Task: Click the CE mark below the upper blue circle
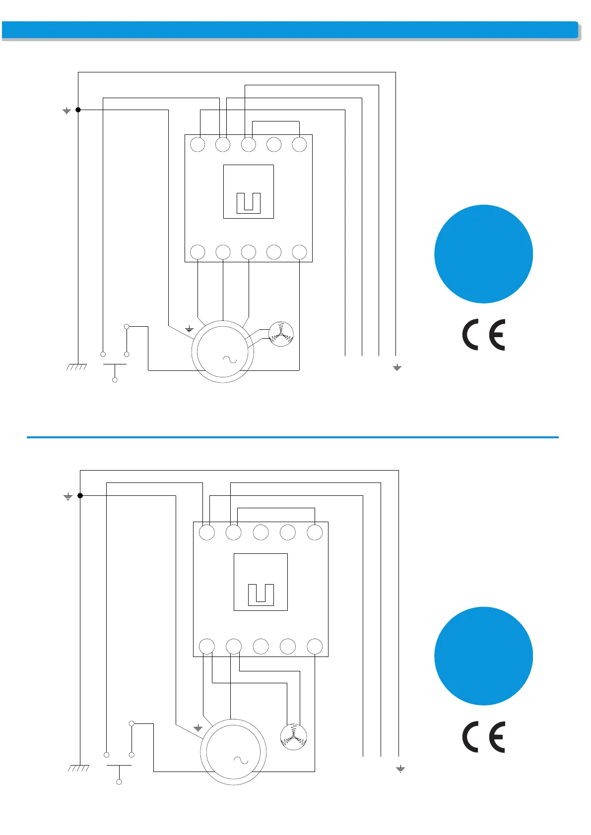pos(483,335)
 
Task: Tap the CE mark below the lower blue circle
pos(483,737)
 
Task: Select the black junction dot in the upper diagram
pos(78,110)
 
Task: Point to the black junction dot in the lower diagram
pos(80,495)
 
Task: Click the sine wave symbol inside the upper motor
pos(229,359)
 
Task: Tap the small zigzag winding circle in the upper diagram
pos(281,334)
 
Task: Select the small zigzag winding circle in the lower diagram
pos(293,737)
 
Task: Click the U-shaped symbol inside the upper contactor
pos(249,203)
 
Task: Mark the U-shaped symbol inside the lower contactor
pos(261,594)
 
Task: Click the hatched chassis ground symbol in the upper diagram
pos(77,367)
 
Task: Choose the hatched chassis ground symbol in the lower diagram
pos(79,768)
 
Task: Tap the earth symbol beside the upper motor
pos(189,329)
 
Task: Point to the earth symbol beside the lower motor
pos(198,728)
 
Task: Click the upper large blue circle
pos(483,254)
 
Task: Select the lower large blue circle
pos(483,656)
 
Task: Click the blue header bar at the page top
pos(290,30)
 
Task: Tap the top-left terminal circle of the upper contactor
pos(197,145)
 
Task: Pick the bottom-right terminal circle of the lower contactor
pos(315,647)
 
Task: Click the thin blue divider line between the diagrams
pos(292,437)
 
